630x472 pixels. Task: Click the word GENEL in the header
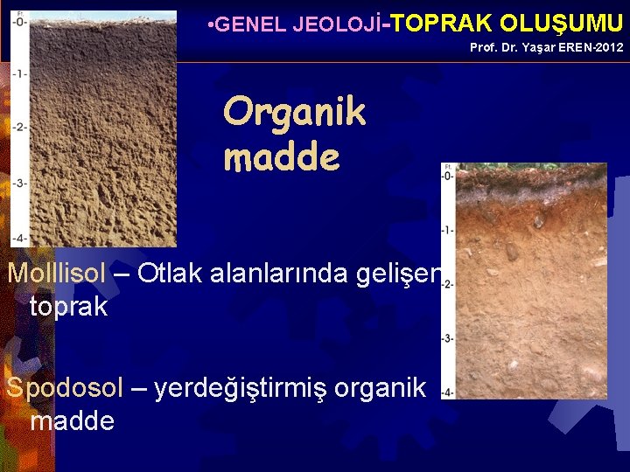point(241,24)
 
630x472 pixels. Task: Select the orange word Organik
point(294,113)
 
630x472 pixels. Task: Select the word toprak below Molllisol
point(68,306)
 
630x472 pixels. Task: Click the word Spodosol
point(64,387)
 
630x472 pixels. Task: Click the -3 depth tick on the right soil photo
point(447,337)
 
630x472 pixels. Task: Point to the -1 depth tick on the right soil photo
point(447,230)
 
